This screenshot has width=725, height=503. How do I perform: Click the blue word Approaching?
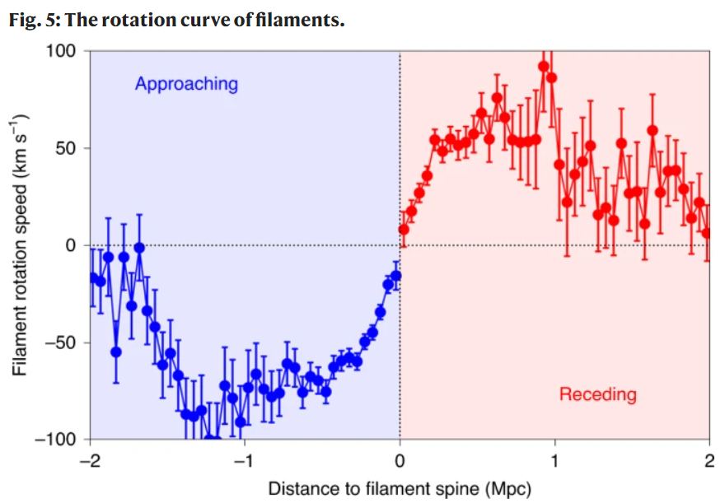(186, 84)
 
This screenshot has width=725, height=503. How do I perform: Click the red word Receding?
(597, 394)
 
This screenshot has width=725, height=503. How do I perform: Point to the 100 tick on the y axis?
(64, 51)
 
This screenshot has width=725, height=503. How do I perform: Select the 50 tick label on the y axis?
(68, 148)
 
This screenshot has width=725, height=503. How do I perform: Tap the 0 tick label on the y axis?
(72, 245)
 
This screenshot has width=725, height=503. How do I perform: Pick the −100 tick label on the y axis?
(57, 439)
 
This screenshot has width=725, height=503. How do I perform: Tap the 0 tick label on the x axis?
(400, 461)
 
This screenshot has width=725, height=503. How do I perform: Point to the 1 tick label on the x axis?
(554, 461)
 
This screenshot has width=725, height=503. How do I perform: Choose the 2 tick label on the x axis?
(709, 461)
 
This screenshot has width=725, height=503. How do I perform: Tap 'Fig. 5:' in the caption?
(34, 20)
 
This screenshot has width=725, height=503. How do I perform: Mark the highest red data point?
(544, 67)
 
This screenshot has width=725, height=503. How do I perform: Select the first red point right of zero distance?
(404, 230)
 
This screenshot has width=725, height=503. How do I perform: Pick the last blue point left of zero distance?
(396, 276)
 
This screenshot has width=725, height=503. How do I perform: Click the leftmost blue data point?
(93, 277)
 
